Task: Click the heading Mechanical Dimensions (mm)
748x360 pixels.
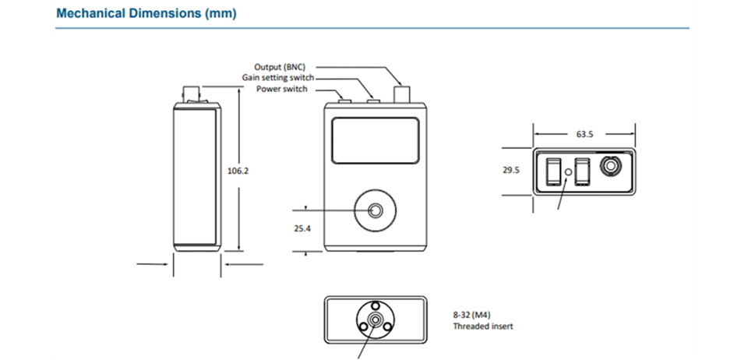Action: point(146,14)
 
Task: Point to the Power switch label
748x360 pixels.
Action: point(282,89)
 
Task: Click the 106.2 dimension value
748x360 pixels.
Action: point(238,171)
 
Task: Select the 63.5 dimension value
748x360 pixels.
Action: point(585,134)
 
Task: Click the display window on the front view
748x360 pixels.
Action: point(376,140)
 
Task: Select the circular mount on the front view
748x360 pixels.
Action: point(376,211)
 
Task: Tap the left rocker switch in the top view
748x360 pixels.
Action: point(552,171)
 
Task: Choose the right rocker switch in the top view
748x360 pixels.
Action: point(581,171)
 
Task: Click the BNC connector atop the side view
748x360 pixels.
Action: point(192,95)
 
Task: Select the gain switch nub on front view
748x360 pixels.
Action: point(373,98)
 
